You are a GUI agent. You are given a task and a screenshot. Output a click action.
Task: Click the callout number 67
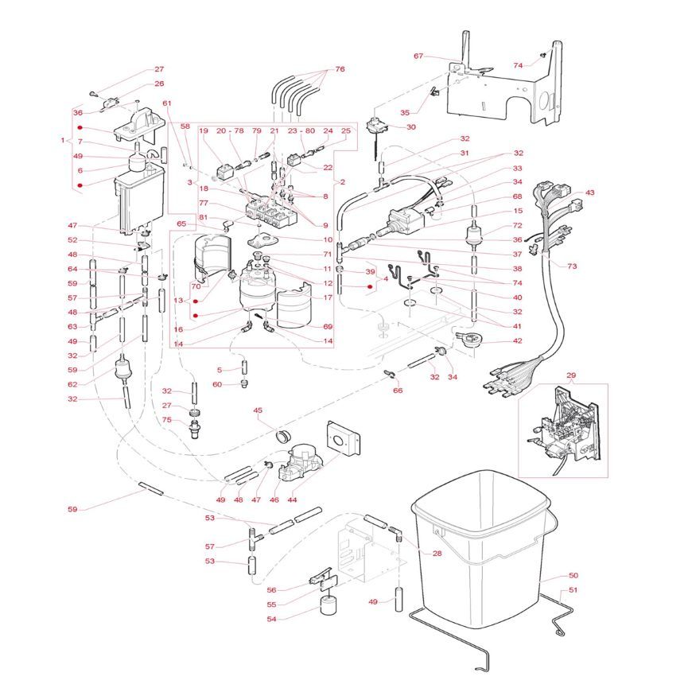pyautogui.click(x=418, y=56)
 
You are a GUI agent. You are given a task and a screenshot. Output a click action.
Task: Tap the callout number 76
pyautogui.click(x=340, y=69)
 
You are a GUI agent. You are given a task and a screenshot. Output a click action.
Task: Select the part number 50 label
pyautogui.click(x=573, y=575)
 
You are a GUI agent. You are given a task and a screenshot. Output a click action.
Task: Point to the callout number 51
pyautogui.click(x=573, y=590)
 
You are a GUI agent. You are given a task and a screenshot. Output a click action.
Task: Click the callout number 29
pyautogui.click(x=570, y=375)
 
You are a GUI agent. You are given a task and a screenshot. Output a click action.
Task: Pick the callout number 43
pyautogui.click(x=589, y=193)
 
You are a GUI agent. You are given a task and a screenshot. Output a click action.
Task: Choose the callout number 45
pyautogui.click(x=258, y=410)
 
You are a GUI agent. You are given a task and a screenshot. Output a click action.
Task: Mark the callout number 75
pyautogui.click(x=167, y=421)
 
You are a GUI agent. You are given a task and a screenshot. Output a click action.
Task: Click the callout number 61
pyautogui.click(x=167, y=103)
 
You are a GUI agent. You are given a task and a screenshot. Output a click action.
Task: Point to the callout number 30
pyautogui.click(x=410, y=127)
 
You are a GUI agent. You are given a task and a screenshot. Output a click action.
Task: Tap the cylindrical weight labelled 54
pyautogui.click(x=327, y=608)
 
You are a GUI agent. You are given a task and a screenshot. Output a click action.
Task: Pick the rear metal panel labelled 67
pyautogui.click(x=501, y=91)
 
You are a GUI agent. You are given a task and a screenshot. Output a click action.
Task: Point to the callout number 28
pyautogui.click(x=437, y=554)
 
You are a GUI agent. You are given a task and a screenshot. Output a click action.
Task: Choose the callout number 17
pyautogui.click(x=327, y=297)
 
